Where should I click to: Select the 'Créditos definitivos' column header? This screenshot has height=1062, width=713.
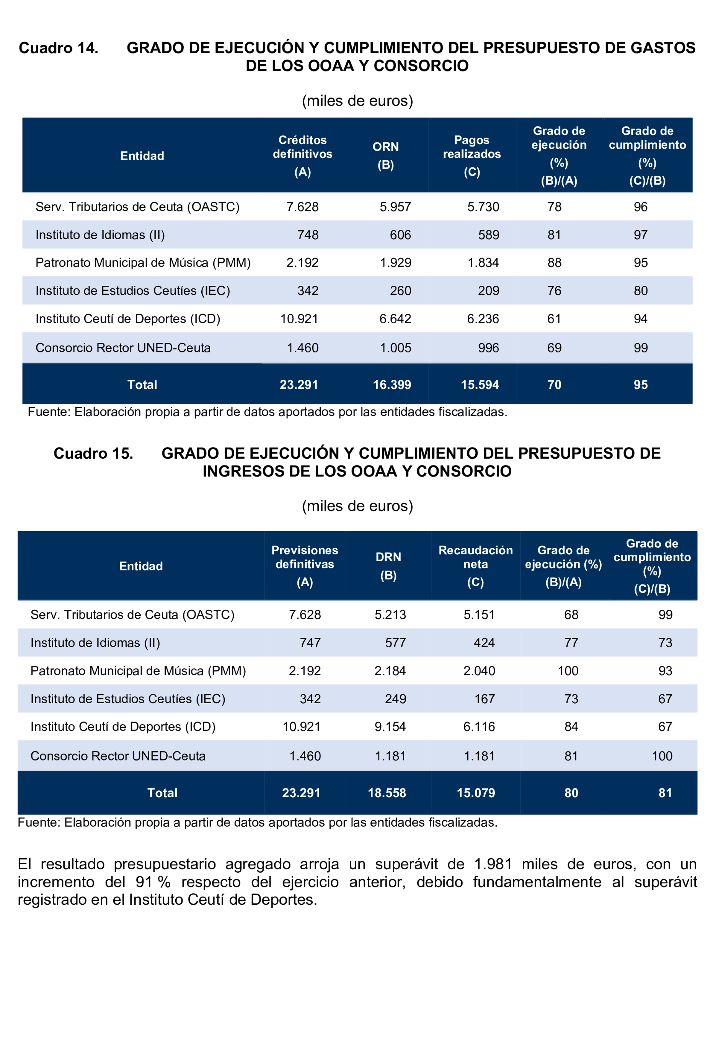pos(302,147)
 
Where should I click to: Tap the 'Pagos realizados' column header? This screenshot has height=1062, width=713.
pos(472,147)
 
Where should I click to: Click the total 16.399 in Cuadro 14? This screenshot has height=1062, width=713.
pos(392,384)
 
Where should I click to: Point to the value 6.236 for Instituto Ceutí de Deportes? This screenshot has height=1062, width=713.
pos(483,319)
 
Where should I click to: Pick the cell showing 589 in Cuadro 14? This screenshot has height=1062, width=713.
pos(488,235)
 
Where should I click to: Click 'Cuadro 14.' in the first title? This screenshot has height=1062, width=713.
pos(59,48)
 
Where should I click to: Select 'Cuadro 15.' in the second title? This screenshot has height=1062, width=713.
pos(93,453)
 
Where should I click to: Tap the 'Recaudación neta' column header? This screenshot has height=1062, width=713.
pos(475,557)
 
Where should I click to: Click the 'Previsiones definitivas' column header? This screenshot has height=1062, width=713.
pos(305,557)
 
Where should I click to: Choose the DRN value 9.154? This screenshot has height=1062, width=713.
pos(390,726)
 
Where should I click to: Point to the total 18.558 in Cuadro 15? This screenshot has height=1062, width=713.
pos(387,793)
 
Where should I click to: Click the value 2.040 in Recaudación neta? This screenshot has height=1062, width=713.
pos(479,671)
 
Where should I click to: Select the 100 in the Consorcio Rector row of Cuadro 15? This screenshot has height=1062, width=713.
pos(662,756)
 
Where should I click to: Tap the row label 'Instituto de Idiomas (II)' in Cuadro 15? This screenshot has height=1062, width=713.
pos(95,643)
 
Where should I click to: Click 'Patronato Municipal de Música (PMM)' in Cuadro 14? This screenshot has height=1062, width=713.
pos(143,263)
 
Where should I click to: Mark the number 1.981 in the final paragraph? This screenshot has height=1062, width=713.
pos(493,864)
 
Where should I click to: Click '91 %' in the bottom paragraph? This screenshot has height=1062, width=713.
pos(153,882)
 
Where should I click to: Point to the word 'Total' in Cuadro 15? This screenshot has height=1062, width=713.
pos(162,793)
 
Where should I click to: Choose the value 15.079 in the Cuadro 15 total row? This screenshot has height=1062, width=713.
pos(476,793)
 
